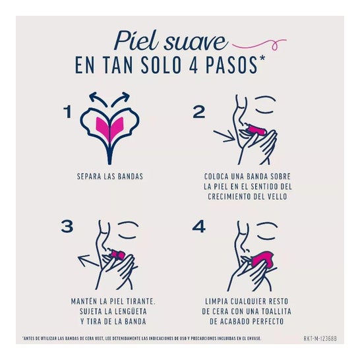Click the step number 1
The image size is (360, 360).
point(67,112)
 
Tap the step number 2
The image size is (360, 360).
point(199,112)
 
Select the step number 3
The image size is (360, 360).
point(66,227)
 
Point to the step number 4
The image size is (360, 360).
point(199,227)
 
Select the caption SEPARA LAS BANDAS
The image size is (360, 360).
point(110,177)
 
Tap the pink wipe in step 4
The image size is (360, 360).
point(262,260)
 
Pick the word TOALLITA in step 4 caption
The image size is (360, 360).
point(262,312)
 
